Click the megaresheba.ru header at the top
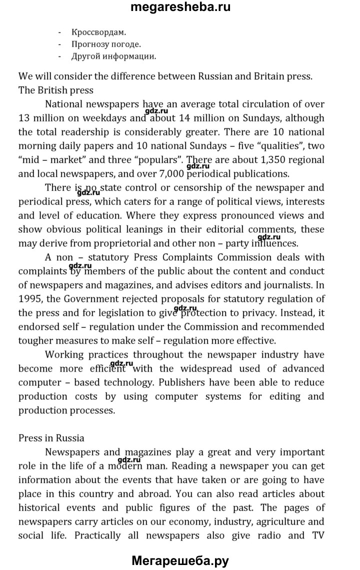180,7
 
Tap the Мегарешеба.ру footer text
180,561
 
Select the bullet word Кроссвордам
95,32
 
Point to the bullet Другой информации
114,56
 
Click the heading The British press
56,90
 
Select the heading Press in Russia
51,438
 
